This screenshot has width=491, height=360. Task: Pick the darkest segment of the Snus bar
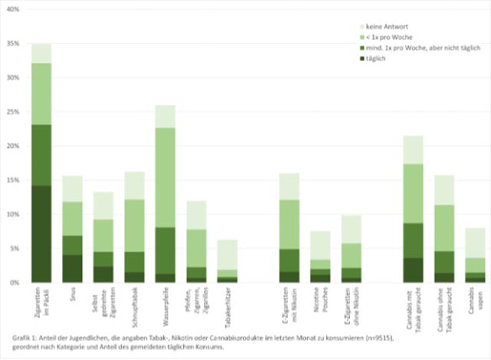(73, 269)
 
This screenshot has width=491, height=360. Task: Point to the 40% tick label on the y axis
(12, 9)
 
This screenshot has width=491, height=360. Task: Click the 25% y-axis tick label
(12, 112)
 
